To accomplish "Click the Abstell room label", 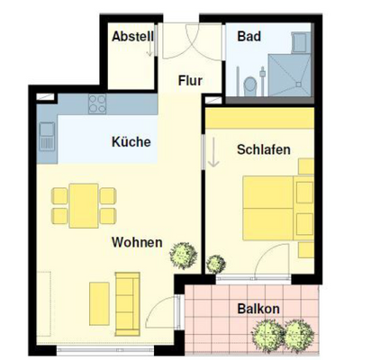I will coord(132,37).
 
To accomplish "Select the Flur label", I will coord(190,80).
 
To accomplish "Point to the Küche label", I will coord(131,141).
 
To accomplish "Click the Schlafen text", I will coord(264,149).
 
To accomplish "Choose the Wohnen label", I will coord(137,242).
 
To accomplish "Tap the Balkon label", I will coord(258,309).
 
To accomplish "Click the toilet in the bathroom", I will coord(249,84).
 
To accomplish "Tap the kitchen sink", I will coord(47,139).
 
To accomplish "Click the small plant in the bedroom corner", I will coord(216,264).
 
